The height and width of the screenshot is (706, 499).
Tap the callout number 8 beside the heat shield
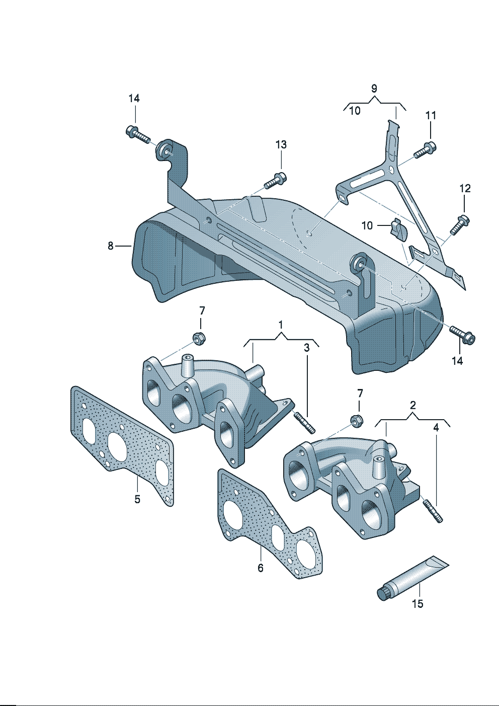point(111,246)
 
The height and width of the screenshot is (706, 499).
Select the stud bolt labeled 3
point(305,422)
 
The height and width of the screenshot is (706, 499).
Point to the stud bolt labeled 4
point(433,510)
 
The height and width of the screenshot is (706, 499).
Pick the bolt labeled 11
point(426,149)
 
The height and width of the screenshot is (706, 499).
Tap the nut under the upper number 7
point(199,338)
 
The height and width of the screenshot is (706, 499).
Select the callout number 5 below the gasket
point(137,499)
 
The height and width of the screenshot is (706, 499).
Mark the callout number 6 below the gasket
point(261,568)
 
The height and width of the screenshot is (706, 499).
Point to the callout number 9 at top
point(374,89)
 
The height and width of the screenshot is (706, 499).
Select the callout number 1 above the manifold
point(281,324)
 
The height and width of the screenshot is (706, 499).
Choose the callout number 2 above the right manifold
point(413,405)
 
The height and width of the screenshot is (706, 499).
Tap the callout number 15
point(418,603)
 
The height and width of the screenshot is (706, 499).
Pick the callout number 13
point(281,145)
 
